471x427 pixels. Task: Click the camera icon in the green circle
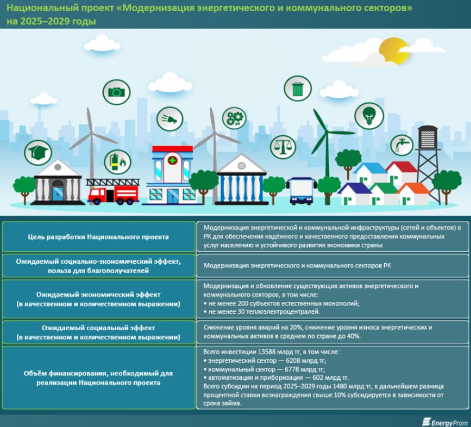click(x=117, y=92)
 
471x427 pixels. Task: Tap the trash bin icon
click(x=297, y=88)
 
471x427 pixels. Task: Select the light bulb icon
click(x=369, y=115)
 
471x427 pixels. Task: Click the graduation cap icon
click(x=38, y=153)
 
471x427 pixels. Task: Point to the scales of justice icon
click(x=283, y=147)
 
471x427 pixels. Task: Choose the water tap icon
click(x=402, y=145)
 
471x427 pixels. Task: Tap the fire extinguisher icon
click(x=117, y=162)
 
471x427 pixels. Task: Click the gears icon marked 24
click(x=234, y=118)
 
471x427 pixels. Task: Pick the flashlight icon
click(x=170, y=119)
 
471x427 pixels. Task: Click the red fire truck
click(x=113, y=192)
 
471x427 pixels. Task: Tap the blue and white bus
click(x=301, y=190)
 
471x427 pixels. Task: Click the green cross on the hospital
click(x=172, y=161)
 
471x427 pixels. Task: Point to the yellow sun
click(x=393, y=51)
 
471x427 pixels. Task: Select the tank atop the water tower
click(x=428, y=137)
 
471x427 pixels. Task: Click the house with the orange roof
click(x=414, y=194)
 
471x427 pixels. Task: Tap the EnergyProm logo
click(x=445, y=422)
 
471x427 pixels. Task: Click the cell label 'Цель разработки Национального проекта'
click(x=98, y=237)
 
